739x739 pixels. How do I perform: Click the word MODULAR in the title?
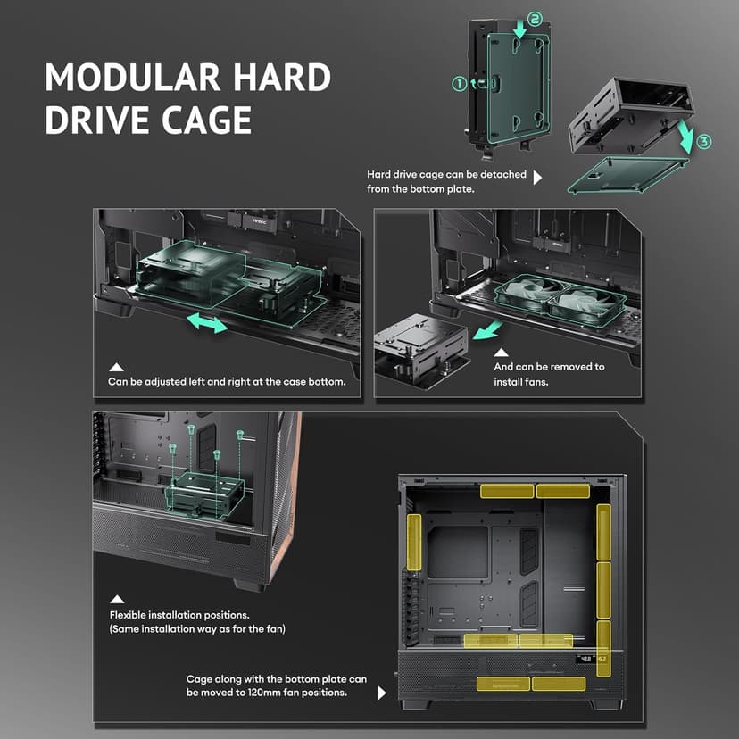click(133, 77)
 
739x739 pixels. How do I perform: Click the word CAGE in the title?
click(206, 120)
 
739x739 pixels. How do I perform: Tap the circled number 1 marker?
click(459, 84)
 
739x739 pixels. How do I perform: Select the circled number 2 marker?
click(535, 19)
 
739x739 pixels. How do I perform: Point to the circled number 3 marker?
click(703, 141)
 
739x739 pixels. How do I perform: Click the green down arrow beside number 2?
click(519, 29)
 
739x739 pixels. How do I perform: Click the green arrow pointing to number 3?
click(686, 137)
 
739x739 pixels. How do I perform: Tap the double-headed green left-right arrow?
click(207, 323)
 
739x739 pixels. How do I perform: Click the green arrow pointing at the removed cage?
click(487, 329)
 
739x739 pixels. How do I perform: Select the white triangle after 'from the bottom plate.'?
click(537, 178)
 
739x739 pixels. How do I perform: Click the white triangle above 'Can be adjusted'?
click(116, 367)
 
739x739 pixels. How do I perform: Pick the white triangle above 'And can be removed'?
click(501, 353)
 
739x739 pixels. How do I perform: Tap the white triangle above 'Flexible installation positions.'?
click(117, 599)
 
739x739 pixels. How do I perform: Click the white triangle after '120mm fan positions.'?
click(382, 693)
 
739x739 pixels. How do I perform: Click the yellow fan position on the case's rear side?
click(414, 542)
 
